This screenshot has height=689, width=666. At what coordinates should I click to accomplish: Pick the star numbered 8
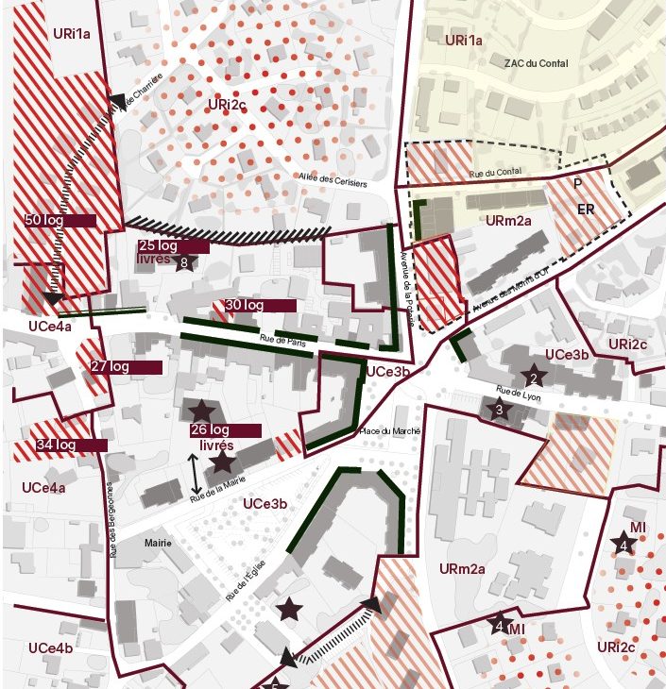[x=185, y=263]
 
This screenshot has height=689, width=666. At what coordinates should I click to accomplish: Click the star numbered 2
[x=534, y=378]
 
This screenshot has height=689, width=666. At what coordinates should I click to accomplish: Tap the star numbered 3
[x=500, y=410]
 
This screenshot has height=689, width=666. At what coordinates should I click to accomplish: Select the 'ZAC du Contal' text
[x=532, y=61]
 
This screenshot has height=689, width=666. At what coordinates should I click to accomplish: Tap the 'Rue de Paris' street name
[x=280, y=340]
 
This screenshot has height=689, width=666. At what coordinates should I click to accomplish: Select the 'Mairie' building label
[x=158, y=544]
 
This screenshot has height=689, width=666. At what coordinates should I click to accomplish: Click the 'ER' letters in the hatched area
[x=586, y=210]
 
